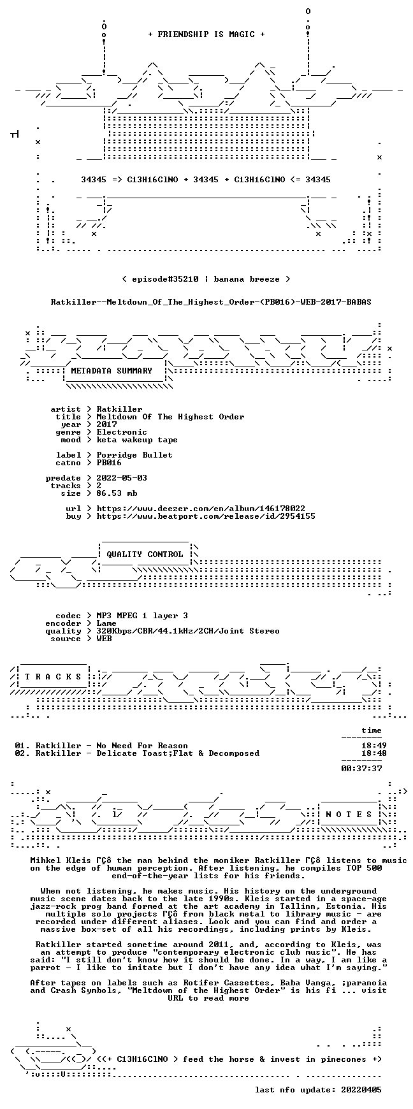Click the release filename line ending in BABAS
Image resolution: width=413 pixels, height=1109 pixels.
pos(211,301)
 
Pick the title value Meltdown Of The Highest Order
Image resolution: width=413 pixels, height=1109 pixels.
pos(170,417)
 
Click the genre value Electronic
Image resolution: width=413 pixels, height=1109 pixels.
pos(122,432)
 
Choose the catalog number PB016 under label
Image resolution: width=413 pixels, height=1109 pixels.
pos(109,463)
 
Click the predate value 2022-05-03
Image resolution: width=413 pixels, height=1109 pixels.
pos(122,478)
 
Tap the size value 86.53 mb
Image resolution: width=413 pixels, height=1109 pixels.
pos(117,493)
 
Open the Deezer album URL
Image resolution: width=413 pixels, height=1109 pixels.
pos(201,509)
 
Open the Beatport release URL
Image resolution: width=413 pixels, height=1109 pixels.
pos(206,516)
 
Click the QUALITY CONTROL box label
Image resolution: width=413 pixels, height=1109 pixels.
pos(145,554)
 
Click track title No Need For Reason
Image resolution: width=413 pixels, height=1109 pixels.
pos(142,746)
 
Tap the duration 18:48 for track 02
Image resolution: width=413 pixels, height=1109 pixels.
pos(374,753)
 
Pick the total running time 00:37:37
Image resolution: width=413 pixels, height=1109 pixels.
pos(361,769)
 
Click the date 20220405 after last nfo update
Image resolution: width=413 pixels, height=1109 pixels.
pos(361,1090)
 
